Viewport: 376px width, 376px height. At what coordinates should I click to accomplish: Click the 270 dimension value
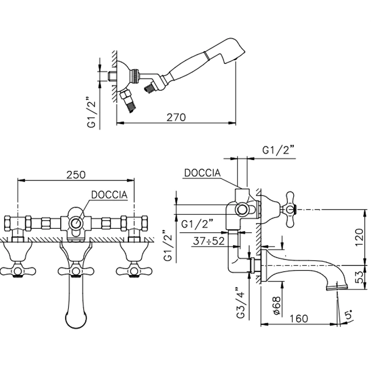coord(176,117)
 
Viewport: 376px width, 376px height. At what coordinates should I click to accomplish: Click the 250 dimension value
coord(76,175)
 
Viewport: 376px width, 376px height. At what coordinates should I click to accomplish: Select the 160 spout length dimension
coord(299,319)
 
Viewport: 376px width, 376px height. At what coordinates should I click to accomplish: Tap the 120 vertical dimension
coord(359,237)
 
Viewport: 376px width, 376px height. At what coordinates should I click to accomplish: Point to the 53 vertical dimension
coord(359,277)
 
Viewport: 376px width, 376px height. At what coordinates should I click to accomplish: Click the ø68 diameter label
coord(277,306)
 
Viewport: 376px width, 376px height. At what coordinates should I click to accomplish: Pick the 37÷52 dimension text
coord(208,241)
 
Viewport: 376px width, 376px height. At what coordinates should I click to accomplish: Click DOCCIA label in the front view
coord(110,194)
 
